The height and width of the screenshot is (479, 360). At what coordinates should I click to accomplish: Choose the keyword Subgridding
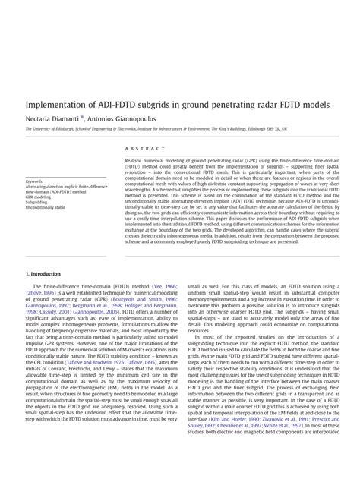point(36,201)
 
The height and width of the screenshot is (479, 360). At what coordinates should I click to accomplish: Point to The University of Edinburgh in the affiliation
point(55,129)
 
